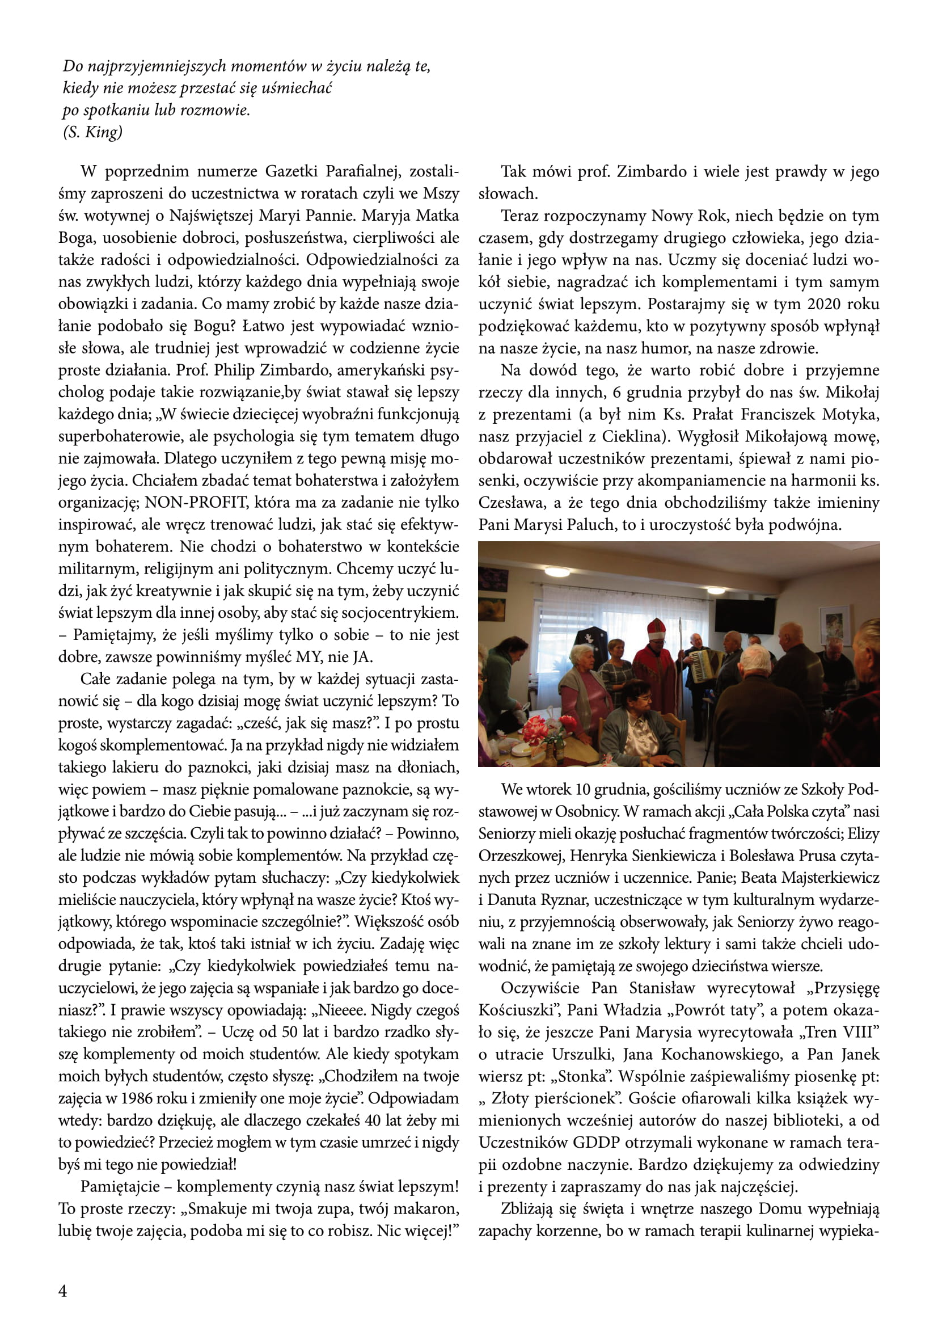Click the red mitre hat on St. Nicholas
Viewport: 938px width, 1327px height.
click(656, 628)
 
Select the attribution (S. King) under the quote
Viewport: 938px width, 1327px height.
click(93, 132)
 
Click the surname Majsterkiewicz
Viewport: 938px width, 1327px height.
click(830, 877)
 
